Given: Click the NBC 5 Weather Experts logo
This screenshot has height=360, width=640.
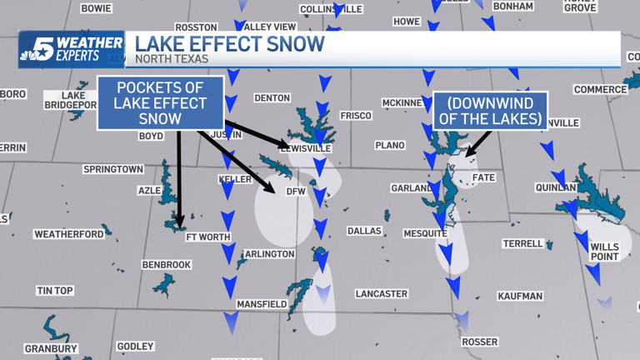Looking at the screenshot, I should point(71,49).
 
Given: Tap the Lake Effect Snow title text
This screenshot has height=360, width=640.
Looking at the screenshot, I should point(229,44).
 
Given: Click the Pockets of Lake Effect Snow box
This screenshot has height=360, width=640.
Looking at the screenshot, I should point(161,103).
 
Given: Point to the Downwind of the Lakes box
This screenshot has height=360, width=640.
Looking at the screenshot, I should point(490,111).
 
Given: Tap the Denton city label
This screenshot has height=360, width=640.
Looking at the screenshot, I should point(272,97).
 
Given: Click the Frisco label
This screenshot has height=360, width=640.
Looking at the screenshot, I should point(356,116).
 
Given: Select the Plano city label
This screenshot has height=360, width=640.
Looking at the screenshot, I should point(389,146).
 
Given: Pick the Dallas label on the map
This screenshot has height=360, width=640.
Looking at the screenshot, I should point(364,231).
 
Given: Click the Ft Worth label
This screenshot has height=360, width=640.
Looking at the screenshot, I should point(207,237).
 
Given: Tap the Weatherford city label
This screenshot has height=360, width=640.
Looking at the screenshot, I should point(68,234).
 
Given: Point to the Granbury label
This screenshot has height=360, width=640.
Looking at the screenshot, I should point(51,348).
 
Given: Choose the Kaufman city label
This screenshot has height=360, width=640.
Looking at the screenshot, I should point(520,296).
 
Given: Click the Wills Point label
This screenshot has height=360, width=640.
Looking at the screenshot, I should point(604,252).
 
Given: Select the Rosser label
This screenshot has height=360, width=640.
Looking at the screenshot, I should point(479,342).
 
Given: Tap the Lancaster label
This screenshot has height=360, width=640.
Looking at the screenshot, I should point(381,293).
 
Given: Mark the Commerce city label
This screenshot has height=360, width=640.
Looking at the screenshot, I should point(600,89).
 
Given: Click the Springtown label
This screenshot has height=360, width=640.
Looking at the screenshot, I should point(113,169).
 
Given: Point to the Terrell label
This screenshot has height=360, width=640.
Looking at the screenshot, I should point(522,244).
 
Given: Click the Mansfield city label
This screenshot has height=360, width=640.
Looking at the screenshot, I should point(261,305).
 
